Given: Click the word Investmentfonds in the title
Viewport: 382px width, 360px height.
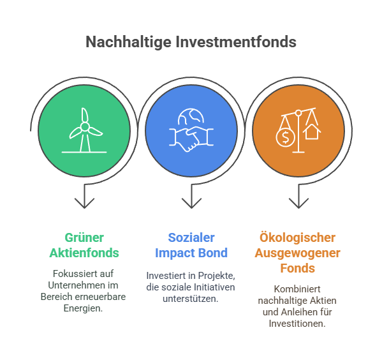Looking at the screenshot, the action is [236, 41].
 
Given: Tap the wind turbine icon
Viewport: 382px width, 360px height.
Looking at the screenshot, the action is [84, 130].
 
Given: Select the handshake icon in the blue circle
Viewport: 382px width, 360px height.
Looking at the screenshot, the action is [191, 139].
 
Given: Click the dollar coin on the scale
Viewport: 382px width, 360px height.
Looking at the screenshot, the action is [285, 137].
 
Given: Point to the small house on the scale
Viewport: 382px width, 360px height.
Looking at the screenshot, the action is [312, 131].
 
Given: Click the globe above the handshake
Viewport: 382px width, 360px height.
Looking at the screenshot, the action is [191, 116].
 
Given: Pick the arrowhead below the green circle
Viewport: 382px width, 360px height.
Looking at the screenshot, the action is [84, 203].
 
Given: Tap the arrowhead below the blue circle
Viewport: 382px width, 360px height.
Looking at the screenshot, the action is [191, 203].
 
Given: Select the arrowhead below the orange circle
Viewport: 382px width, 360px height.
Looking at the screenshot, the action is [298, 203].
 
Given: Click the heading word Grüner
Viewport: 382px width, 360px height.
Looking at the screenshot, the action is [84, 237].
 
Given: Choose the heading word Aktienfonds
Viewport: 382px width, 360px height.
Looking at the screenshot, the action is [84, 253].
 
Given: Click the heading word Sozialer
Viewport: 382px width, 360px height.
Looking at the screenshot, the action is [191, 237].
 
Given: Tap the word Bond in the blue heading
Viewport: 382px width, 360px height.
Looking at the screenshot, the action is [213, 253].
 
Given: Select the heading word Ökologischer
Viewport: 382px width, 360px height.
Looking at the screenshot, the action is [297, 237].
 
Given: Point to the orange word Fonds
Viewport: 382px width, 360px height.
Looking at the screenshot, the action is [297, 268].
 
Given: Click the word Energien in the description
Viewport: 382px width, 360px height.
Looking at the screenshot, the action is [83, 308].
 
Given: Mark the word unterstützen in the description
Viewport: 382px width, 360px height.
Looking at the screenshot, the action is [191, 299].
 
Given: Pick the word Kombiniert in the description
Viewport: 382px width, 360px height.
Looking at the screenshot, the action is [297, 289].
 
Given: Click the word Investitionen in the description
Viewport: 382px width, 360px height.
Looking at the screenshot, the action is [297, 324].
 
